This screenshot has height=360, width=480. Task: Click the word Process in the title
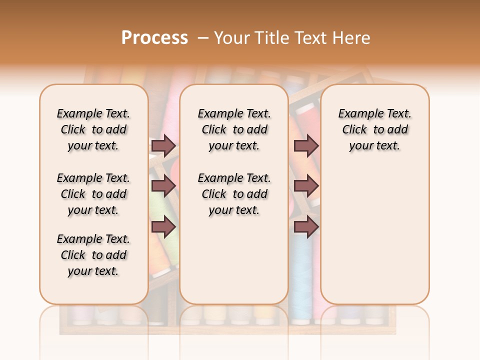click(154, 38)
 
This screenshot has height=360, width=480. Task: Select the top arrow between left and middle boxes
click(163, 145)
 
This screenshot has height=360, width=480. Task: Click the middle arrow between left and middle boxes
click(163, 186)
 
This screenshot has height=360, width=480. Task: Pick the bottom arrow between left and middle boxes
click(163, 227)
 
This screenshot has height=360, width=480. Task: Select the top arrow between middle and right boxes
click(306, 145)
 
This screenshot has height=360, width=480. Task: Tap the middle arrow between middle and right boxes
click(306, 186)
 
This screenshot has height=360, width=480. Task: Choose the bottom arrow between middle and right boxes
click(306, 227)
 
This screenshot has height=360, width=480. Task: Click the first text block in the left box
click(93, 129)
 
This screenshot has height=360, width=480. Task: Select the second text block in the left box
click(93, 194)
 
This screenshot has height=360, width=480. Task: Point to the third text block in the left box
click(93, 255)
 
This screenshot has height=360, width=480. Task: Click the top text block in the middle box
click(234, 129)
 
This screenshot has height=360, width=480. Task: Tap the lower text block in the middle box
click(234, 194)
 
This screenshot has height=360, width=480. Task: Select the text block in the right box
click(374, 129)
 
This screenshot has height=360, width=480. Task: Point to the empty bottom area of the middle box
click(234, 260)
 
